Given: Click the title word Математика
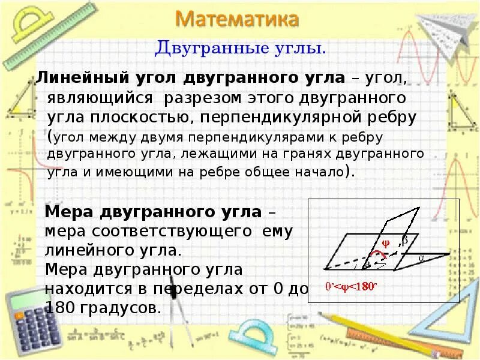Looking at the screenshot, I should point(238,19).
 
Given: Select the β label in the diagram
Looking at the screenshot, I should point(404,239).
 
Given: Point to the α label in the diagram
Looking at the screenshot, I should point(421,258).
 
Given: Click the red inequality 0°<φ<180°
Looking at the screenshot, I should point(350,286).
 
